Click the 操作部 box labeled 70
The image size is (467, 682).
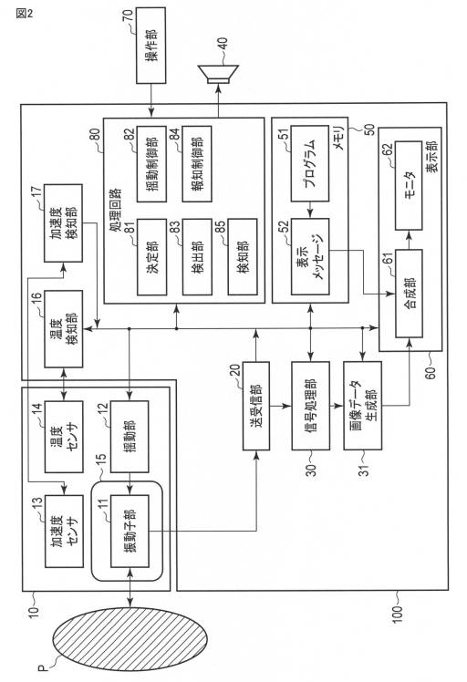(x=151, y=46)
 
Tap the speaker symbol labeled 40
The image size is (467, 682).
(x=218, y=73)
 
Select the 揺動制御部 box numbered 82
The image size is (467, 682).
(x=152, y=164)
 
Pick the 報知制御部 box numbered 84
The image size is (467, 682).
(x=197, y=164)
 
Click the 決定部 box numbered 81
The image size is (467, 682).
(x=152, y=257)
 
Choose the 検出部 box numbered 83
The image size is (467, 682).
(x=197, y=257)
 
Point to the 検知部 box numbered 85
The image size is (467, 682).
(x=243, y=257)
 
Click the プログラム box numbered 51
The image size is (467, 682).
(x=309, y=163)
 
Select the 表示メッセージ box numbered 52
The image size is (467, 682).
(x=310, y=255)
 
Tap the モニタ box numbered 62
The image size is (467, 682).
(x=409, y=185)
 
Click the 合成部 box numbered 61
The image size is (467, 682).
(x=409, y=294)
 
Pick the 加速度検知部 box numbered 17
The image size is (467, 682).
(x=63, y=223)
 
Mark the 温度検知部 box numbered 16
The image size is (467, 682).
(x=63, y=329)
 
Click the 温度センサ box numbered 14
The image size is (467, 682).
(x=64, y=437)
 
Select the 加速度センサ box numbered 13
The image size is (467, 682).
(x=64, y=531)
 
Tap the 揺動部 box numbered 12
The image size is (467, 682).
(x=130, y=437)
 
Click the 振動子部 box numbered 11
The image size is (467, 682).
(x=130, y=531)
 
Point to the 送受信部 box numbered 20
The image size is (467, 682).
(x=256, y=407)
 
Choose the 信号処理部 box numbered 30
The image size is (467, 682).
(x=310, y=406)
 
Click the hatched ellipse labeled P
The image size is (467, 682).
(x=130, y=639)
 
